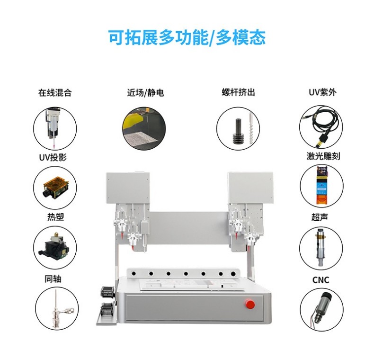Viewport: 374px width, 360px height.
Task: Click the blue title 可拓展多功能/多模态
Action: (x=187, y=37)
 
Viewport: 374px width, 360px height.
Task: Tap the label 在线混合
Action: (x=55, y=93)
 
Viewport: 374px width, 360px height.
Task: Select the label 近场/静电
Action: (x=145, y=93)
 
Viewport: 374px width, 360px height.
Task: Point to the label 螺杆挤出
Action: (x=238, y=92)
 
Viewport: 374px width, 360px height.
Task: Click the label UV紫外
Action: (x=322, y=92)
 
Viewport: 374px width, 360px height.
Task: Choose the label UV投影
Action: (x=53, y=157)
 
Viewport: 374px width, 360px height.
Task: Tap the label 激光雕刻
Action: (x=323, y=156)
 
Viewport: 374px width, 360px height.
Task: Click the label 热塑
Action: (x=55, y=217)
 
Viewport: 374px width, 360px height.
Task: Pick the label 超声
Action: (x=320, y=217)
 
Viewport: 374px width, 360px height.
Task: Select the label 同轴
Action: (x=53, y=279)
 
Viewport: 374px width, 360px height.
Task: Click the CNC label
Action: (x=321, y=280)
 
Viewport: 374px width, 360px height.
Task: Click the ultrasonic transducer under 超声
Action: (x=319, y=248)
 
